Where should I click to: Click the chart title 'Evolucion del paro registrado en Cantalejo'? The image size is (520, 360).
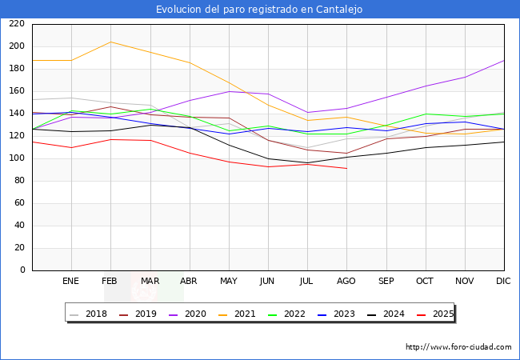point(259,10)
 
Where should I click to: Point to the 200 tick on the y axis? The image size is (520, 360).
point(17,46)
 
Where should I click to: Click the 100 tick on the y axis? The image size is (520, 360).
point(17,158)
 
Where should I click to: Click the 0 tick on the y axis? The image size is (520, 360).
point(22,270)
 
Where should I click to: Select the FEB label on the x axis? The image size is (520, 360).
point(110,282)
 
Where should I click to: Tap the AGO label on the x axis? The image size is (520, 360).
point(346,282)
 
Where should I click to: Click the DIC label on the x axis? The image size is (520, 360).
point(503,282)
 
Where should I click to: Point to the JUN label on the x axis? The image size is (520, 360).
point(267,282)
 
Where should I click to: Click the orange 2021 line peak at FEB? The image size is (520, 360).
point(110,42)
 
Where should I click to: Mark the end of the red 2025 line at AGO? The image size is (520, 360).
point(346,168)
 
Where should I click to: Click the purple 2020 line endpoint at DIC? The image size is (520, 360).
point(504,61)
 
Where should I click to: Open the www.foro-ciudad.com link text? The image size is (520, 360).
point(458,347)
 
